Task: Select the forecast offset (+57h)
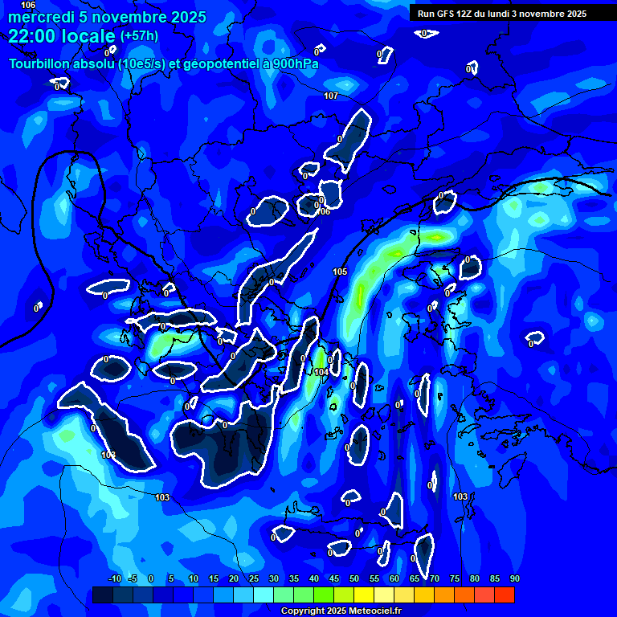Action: (139, 36)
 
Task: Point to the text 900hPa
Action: (294, 63)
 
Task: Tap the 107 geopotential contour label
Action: (331, 96)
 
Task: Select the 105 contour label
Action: (340, 272)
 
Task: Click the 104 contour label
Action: (321, 372)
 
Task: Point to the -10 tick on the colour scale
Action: (114, 579)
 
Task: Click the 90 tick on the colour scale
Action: (514, 579)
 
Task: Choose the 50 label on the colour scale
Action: (353, 579)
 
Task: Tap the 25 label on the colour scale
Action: (253, 579)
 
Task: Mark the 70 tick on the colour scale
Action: (434, 579)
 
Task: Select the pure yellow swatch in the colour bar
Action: (364, 595)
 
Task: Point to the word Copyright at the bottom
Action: (304, 611)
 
